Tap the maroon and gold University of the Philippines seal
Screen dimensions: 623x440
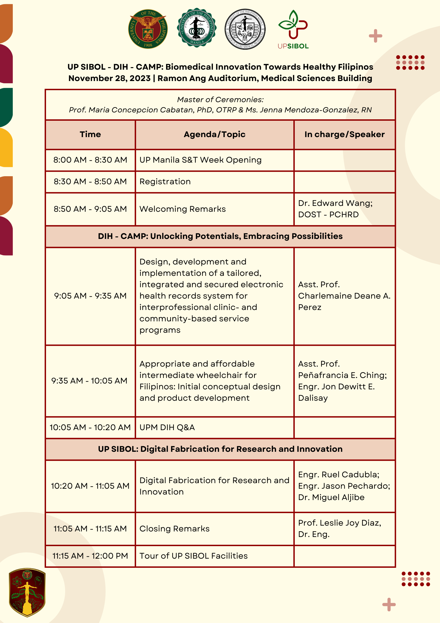coord(148,29)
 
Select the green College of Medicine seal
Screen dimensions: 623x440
coord(197,28)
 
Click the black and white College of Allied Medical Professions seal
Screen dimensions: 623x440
coord(245,29)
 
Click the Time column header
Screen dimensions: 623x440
coord(90,135)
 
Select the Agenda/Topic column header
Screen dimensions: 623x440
coord(215,135)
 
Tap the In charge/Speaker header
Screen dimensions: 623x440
coord(344,135)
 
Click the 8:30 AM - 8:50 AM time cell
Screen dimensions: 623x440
coord(90,182)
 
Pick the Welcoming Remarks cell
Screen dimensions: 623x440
coord(183,209)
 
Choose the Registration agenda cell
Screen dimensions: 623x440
coord(165,182)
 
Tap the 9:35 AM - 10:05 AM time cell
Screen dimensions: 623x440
coord(90,381)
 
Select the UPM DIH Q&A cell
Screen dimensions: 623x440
coord(167,427)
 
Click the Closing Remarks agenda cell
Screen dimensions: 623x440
coord(175,529)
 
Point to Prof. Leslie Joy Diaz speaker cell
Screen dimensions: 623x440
coord(340,528)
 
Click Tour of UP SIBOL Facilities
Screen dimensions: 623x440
coord(194,556)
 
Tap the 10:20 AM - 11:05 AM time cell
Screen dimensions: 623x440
coord(90,486)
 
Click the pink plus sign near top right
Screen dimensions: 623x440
coord(375,36)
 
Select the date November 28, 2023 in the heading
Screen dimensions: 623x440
coord(110,79)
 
